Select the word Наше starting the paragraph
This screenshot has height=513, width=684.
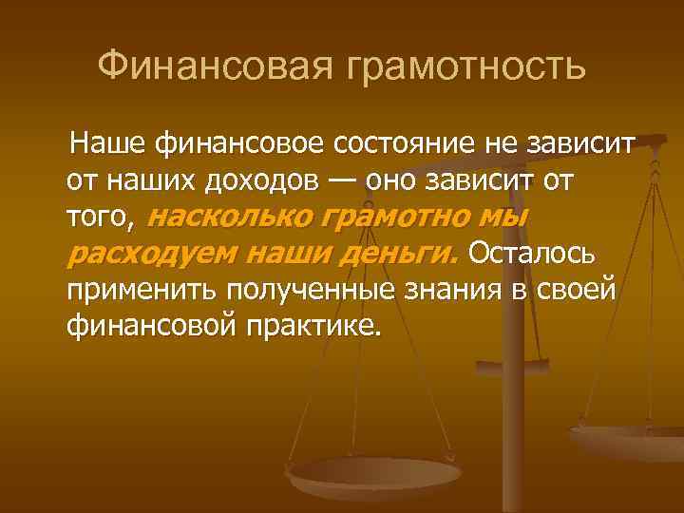coord(105,145)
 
